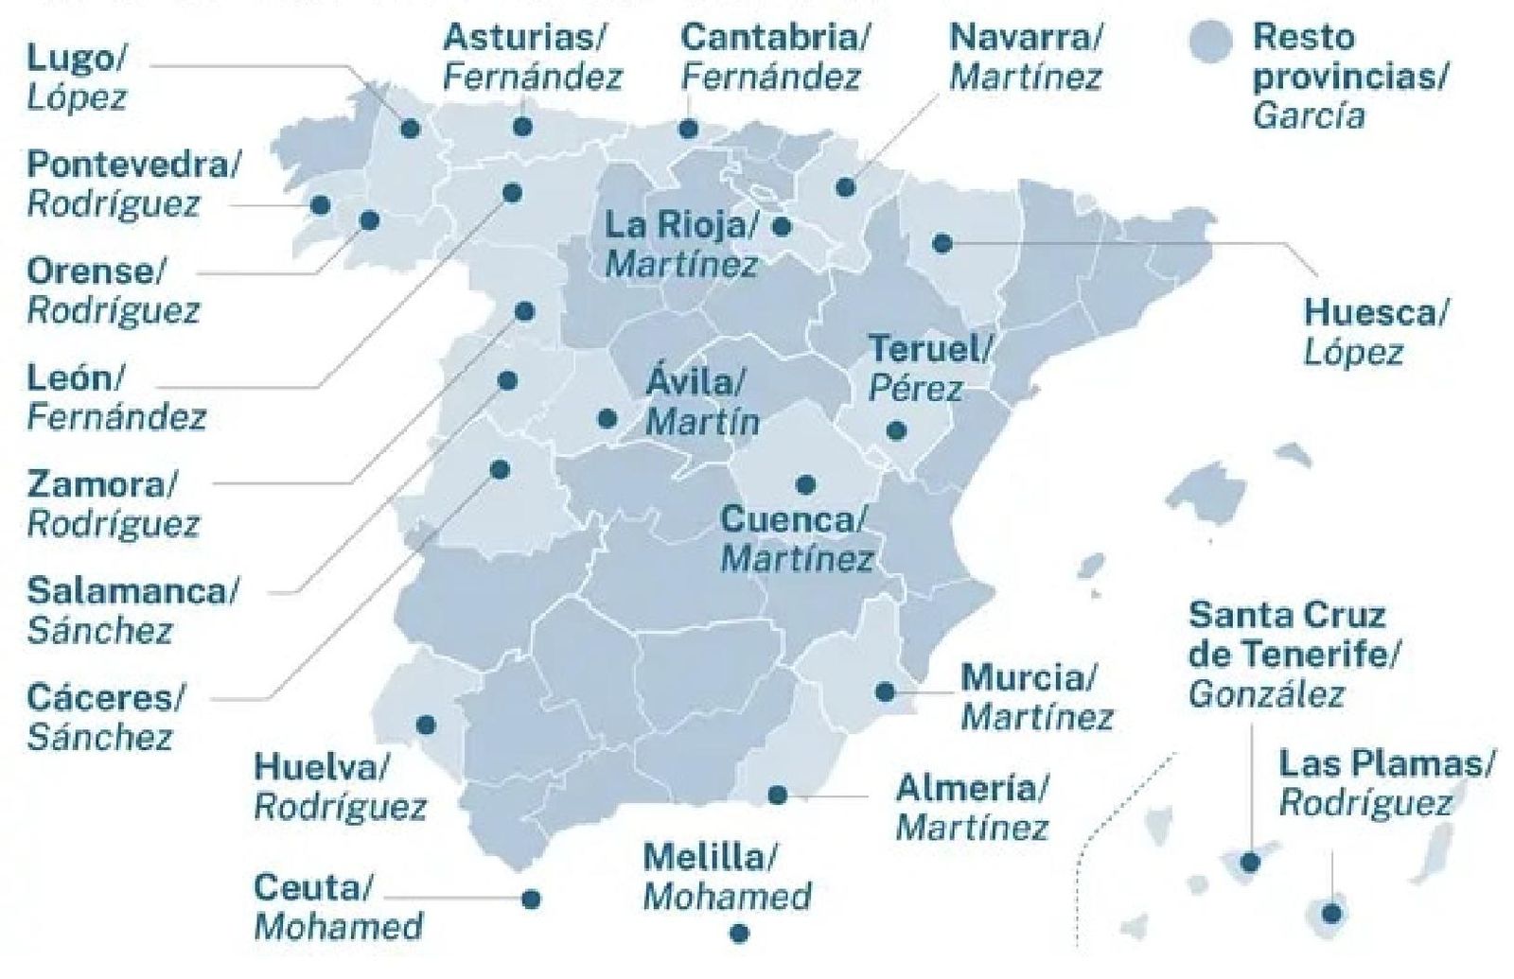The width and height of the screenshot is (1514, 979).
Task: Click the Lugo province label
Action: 74,59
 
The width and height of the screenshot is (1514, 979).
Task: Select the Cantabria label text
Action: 774,38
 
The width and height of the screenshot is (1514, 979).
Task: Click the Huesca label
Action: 1374,312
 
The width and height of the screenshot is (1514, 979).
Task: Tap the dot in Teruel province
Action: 896,431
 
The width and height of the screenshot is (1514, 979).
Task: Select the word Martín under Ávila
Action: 702,422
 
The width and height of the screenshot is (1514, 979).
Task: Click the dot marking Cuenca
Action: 805,485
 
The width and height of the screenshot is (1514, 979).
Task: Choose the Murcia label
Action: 1028,678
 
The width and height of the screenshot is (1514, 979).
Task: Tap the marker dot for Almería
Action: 778,795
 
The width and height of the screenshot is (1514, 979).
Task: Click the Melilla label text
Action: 709,858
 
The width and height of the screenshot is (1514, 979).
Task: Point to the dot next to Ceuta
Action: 531,899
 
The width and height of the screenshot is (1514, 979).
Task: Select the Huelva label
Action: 321,767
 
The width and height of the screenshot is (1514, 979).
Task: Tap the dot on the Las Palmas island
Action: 1331,914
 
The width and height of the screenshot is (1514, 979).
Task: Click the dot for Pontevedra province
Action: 321,205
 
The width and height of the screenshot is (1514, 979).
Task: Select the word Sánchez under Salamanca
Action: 99,630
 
